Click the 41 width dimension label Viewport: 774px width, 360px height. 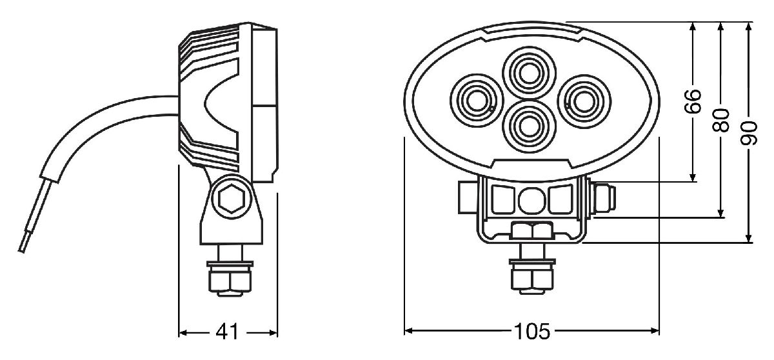tap(227, 332)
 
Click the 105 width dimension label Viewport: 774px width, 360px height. tap(531, 332)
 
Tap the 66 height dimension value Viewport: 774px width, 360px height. tap(693, 101)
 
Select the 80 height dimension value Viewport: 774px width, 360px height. tap(721, 120)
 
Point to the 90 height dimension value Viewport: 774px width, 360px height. tap(749, 133)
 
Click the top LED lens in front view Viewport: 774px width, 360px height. tap(529, 74)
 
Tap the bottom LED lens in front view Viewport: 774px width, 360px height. tap(528, 126)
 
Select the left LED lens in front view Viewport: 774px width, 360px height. tap(477, 100)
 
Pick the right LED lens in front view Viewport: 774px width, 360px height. tap(584, 101)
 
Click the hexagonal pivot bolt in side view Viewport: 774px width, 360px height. tap(232, 198)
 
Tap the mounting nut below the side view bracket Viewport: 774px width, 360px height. tap(230, 280)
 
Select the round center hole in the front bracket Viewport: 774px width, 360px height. tap(531, 201)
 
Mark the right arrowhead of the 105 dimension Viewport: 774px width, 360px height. tap(655, 331)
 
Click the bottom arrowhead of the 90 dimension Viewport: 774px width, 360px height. tap(749, 238)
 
